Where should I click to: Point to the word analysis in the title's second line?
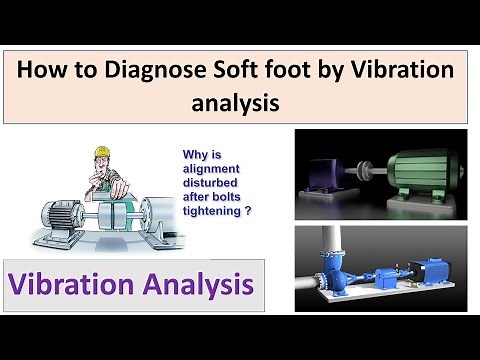(240, 103)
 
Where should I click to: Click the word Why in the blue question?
(195, 156)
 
